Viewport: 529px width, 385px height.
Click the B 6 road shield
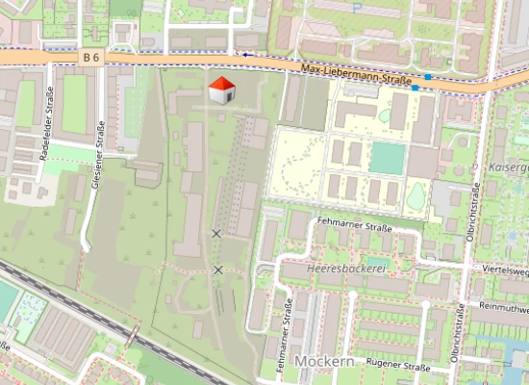[91, 58]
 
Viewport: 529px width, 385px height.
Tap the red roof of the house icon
[221, 84]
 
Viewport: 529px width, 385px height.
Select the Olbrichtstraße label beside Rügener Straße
[457, 336]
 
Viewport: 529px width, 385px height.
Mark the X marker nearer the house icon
[216, 234]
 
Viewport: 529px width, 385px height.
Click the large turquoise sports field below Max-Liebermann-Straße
[387, 158]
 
